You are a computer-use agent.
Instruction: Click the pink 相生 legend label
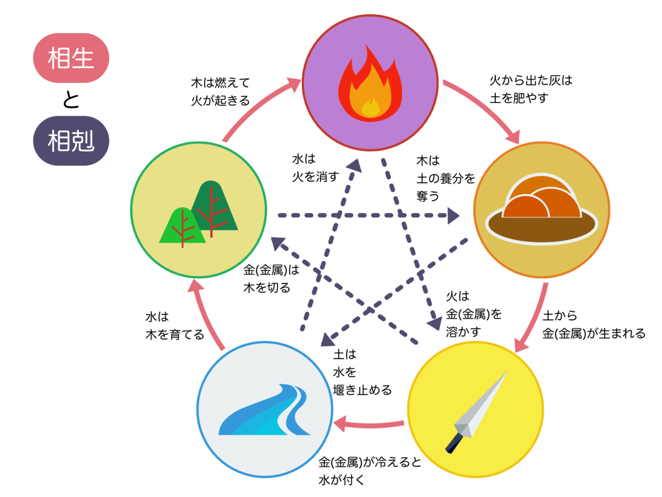click(x=71, y=58)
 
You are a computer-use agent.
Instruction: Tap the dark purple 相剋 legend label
click(x=71, y=140)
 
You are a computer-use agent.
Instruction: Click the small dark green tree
click(x=213, y=204)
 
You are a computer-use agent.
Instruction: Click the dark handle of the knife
click(x=454, y=443)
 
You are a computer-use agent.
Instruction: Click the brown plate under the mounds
click(x=542, y=226)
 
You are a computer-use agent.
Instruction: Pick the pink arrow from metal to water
click(x=368, y=425)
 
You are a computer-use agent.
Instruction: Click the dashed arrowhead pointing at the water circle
click(x=328, y=340)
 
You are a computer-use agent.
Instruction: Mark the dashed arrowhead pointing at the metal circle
click(x=437, y=323)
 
